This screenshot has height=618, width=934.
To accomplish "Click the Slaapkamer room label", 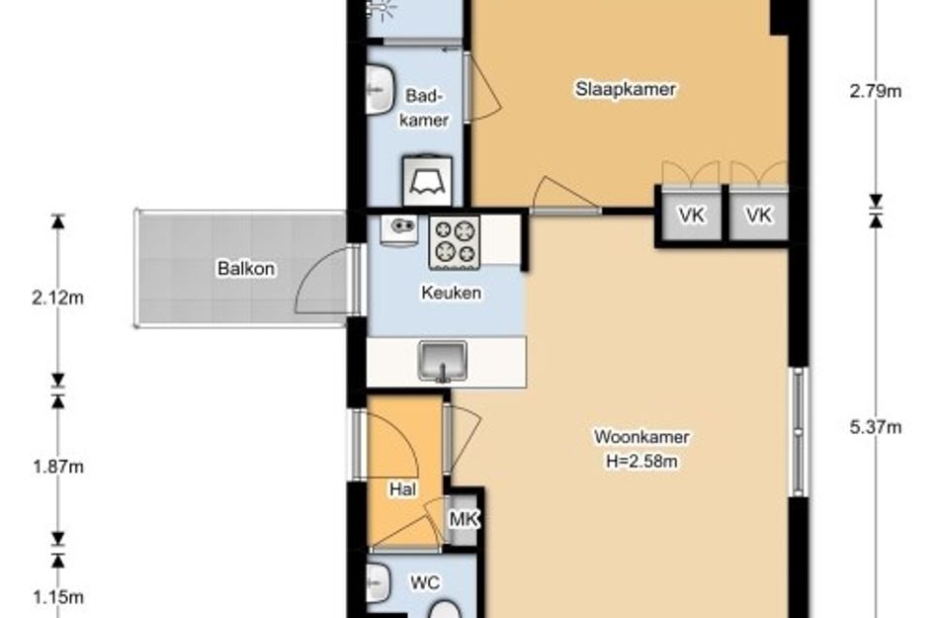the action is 626,89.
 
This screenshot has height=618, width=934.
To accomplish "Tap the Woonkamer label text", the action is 641,436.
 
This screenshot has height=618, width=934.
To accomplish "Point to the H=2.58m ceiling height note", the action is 641,461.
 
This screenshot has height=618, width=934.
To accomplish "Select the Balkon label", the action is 246,268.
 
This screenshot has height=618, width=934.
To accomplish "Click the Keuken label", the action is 451,293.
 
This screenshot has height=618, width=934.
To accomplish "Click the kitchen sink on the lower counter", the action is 443,361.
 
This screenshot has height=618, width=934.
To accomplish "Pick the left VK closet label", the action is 692,216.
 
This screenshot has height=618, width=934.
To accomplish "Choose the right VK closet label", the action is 759,216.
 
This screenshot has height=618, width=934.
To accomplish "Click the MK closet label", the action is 464,519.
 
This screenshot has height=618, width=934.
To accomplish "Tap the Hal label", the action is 402,489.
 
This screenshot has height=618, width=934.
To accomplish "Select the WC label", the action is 425,582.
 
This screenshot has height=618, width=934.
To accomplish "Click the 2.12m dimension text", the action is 57,297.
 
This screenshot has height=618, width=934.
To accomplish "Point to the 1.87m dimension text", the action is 57,467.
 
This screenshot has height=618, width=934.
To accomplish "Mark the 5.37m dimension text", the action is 876,427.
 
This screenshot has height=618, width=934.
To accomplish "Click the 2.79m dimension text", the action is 876,91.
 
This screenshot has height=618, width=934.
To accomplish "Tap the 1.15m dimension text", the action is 57,596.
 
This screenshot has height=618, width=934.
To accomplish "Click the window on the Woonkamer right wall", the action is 799,431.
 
